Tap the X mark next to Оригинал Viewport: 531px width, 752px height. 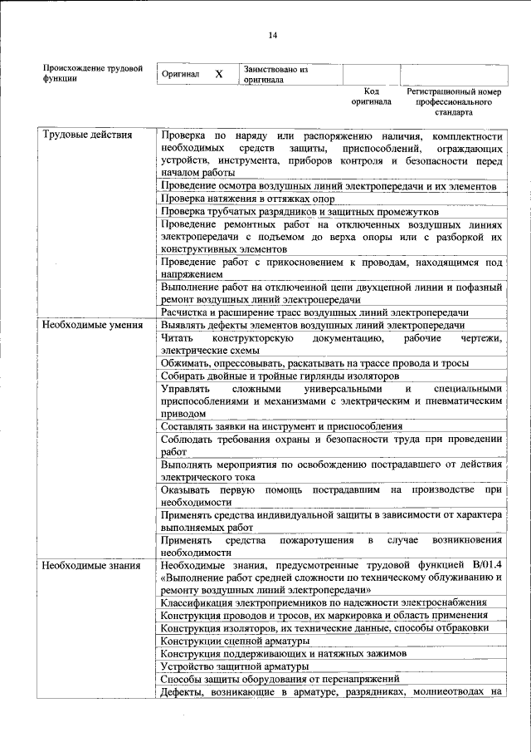click(x=219, y=74)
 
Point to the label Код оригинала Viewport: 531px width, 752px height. click(x=371, y=96)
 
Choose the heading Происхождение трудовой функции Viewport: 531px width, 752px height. click(x=93, y=73)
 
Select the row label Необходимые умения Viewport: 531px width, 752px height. click(x=90, y=326)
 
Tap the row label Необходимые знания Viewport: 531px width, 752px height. click(x=91, y=566)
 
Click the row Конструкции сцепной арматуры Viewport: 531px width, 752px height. click(x=236, y=641)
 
